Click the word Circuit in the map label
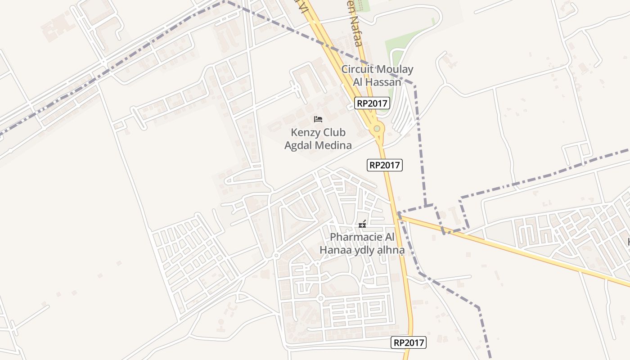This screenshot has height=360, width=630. pyautogui.click(x=357, y=70)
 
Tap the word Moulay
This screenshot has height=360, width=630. pyautogui.click(x=394, y=70)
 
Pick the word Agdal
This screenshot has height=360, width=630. pyautogui.click(x=299, y=145)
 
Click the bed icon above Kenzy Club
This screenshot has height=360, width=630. pyautogui.click(x=318, y=119)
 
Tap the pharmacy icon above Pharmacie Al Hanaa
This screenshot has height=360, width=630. pyautogui.click(x=362, y=224)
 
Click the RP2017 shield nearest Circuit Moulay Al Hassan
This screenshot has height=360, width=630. pyautogui.click(x=372, y=103)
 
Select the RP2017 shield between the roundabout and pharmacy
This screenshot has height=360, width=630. pyautogui.click(x=385, y=165)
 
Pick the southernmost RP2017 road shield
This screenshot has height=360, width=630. pyautogui.click(x=409, y=342)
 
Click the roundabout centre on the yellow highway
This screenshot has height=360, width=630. pyautogui.click(x=377, y=129)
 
